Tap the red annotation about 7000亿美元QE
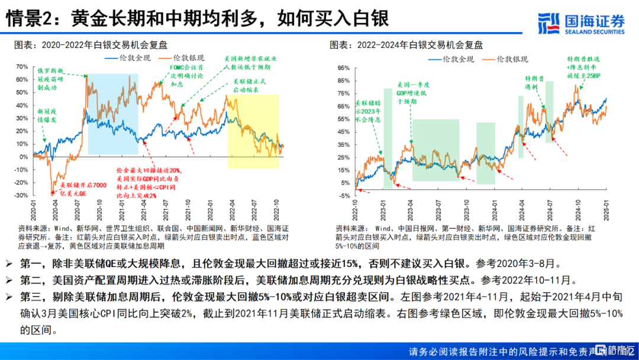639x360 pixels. (76, 189)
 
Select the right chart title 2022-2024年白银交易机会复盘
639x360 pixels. (406, 44)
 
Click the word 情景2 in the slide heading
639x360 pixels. (30, 19)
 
